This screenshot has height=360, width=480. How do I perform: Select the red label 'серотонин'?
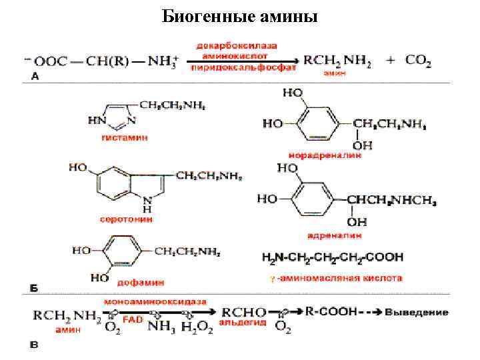click(126, 217)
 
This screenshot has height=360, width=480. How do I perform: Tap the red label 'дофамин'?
click(142, 282)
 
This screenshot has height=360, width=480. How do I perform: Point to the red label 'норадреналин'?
click(325, 155)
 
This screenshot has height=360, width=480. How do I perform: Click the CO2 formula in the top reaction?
click(418, 60)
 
